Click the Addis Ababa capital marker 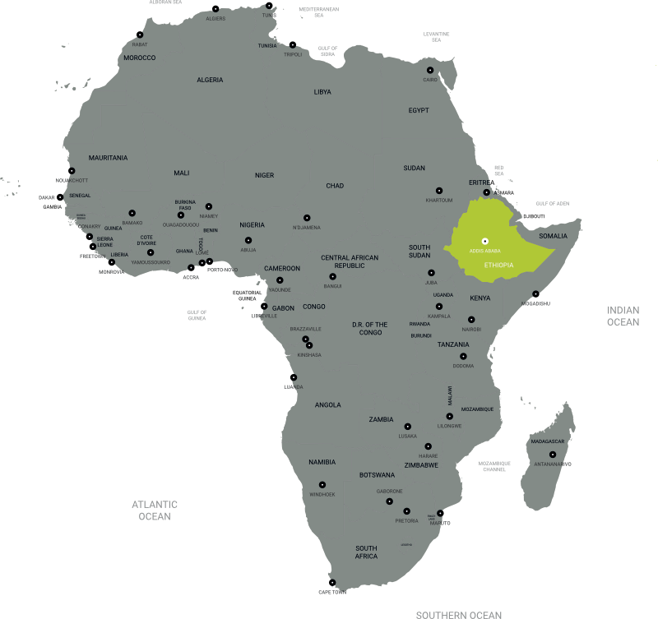tap(484, 240)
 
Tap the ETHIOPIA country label tap(498, 266)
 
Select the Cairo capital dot tap(429, 70)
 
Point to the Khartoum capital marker tap(438, 191)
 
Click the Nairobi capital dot tap(471, 320)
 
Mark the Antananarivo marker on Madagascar tap(553, 455)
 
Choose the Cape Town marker tap(332, 583)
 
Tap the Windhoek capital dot tap(322, 485)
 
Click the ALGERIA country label tap(210, 80)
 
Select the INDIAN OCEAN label tap(623, 316)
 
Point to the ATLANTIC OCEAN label tap(155, 510)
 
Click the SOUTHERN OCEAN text tap(458, 614)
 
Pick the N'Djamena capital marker tap(307, 218)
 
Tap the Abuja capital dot tap(248, 240)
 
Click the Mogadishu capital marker tap(535, 293)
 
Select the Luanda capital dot tap(294, 377)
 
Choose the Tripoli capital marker tap(292, 44)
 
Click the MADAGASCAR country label tap(548, 441)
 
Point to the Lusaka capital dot tap(408, 427)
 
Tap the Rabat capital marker tap(141, 35)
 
